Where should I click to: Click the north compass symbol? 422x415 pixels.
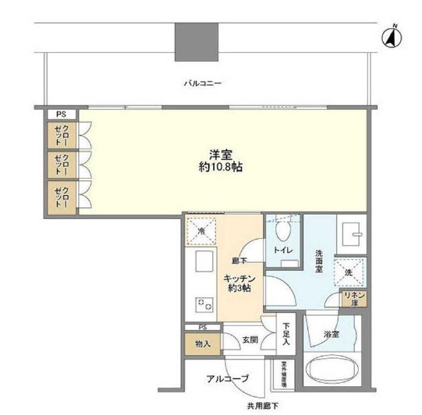pyautogui.click(x=388, y=36)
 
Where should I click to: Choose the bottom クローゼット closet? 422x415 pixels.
pyautogui.click(x=62, y=194)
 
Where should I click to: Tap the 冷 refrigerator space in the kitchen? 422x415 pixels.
pyautogui.click(x=200, y=232)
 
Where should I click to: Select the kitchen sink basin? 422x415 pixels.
pyautogui.click(x=204, y=262)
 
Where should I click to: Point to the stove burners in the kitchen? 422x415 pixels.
pyautogui.click(x=205, y=305)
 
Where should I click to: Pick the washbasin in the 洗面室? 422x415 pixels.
pyautogui.click(x=349, y=232)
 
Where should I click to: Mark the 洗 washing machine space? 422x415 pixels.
pyautogui.click(x=349, y=272)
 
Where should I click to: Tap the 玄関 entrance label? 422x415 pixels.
pyautogui.click(x=249, y=341)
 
